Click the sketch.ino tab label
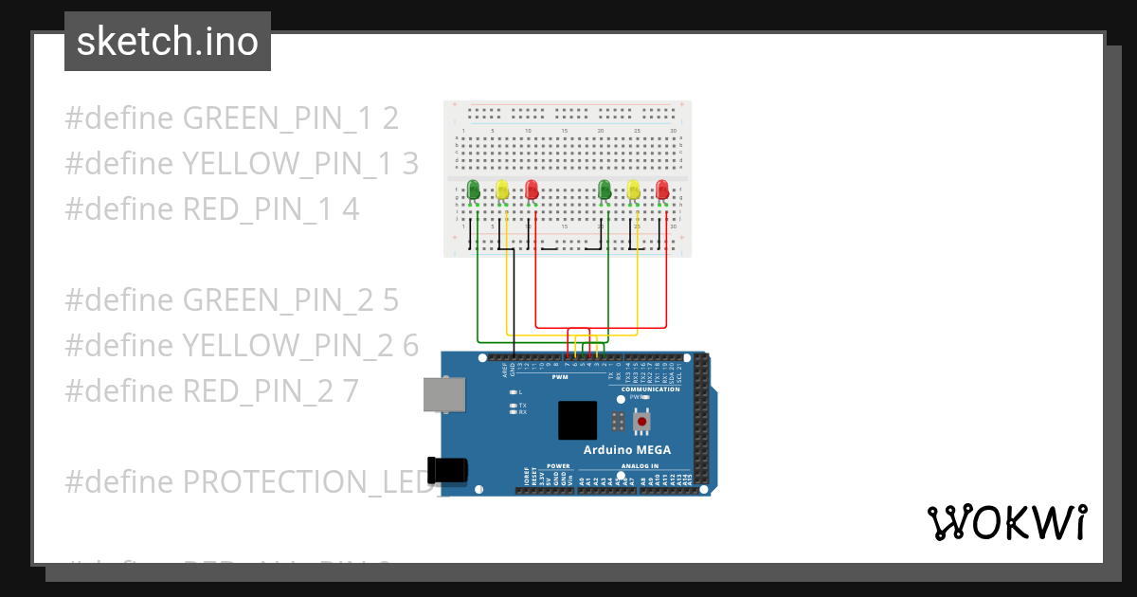coord(168,42)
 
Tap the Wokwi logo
coord(1005,523)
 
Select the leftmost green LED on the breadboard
coord(474,190)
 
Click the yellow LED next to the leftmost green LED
coord(502,190)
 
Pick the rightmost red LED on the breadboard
coord(662,190)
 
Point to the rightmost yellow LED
coord(633,190)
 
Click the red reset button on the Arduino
coord(642,420)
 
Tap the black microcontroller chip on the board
coord(577,420)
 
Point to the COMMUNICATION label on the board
coord(650,389)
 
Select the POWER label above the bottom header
coord(558,466)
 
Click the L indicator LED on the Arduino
coord(514,391)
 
